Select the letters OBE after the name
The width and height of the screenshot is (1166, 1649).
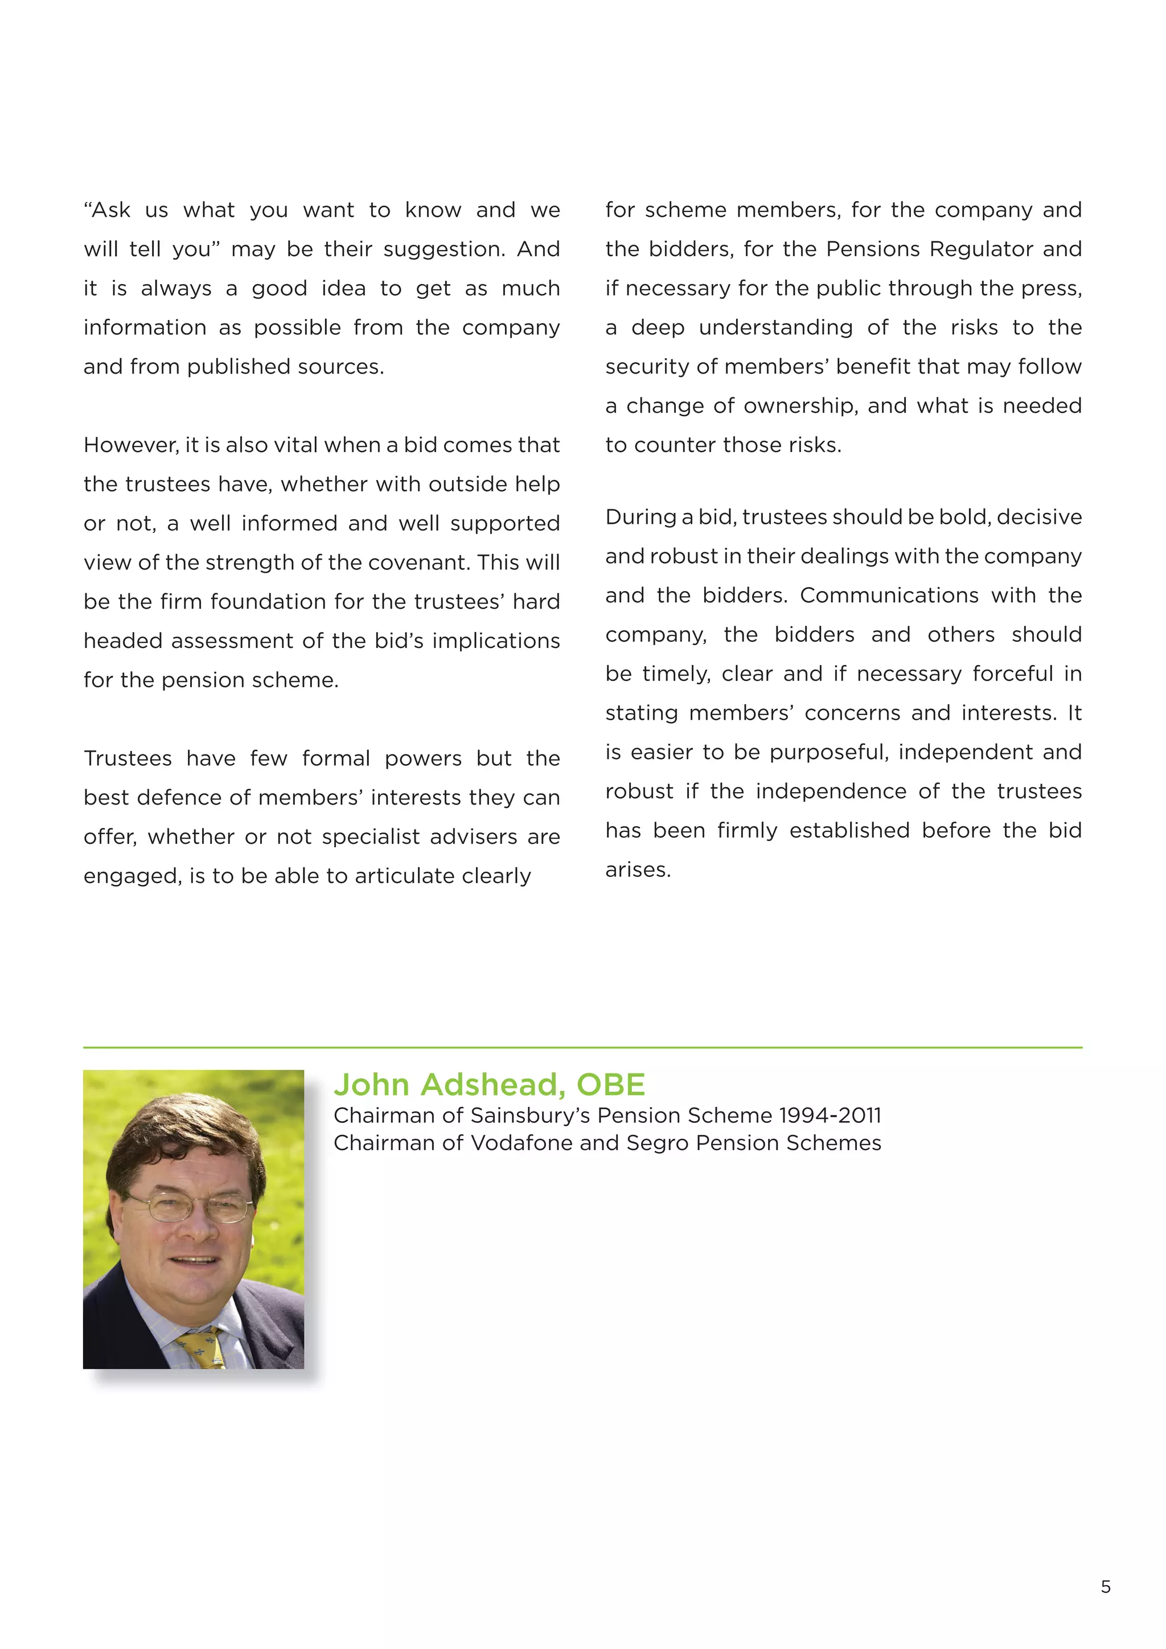(610, 1085)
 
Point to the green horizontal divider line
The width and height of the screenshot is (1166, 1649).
(582, 1048)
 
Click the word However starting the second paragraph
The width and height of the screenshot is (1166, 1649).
(131, 445)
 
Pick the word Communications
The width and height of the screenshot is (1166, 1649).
(889, 596)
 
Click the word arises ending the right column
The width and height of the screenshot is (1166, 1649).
(638, 869)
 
